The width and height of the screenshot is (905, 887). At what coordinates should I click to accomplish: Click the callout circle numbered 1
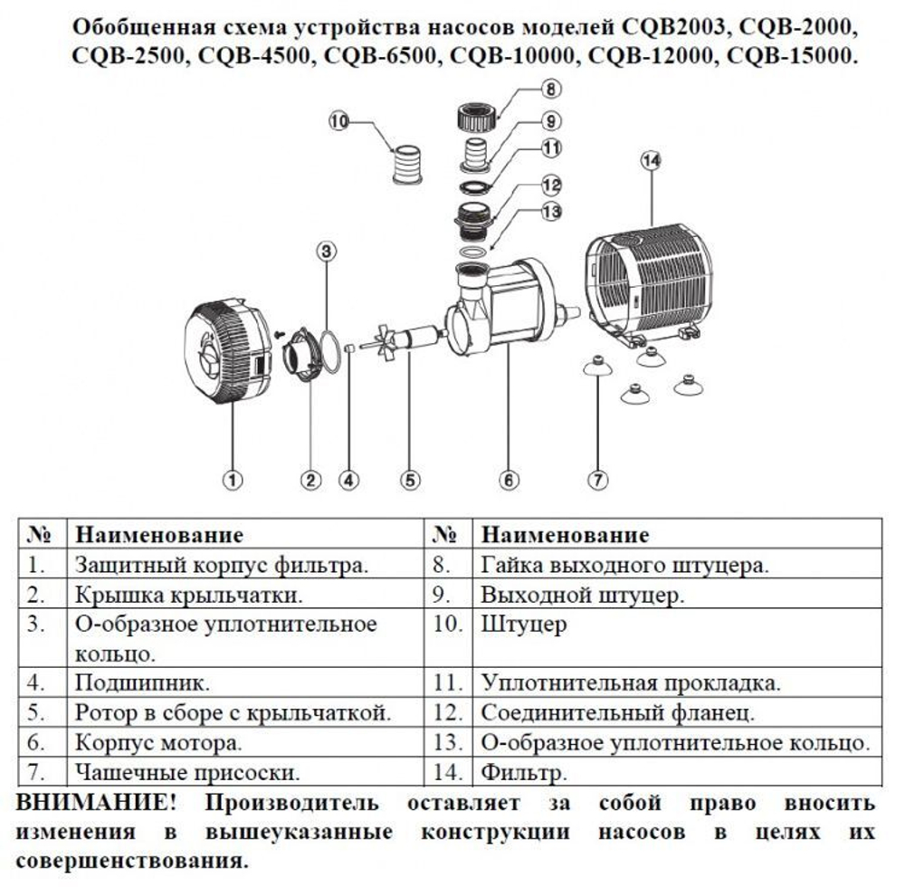click(233, 480)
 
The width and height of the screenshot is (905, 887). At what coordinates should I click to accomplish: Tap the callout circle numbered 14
click(651, 160)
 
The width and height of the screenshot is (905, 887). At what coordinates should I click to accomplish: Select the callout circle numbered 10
click(339, 121)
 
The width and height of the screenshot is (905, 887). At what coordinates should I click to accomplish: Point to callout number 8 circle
click(550, 90)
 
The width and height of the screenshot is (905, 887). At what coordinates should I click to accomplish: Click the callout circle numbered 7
click(597, 480)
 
